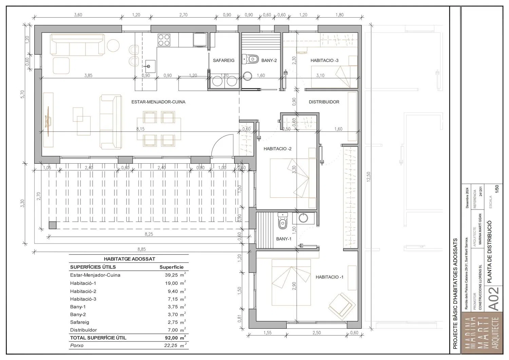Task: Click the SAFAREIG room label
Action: pos(223,60)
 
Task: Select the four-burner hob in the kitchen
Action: pos(164,40)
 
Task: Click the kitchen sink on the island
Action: pos(150,66)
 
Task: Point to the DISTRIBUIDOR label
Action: pos(324,102)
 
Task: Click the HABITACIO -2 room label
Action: pos(278,149)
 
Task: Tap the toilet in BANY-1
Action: pos(282,221)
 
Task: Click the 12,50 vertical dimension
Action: pos(368,177)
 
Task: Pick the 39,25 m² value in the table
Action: pos(175,275)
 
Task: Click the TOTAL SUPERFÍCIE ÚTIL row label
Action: pos(98,338)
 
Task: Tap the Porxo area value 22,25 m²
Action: pos(175,345)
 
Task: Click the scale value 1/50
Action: pos(497,189)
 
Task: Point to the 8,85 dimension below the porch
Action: pos(142,249)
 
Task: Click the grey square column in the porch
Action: pos(53,225)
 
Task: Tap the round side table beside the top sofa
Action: pos(113,46)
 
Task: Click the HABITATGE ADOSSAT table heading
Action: pos(130,259)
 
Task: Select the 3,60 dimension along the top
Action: pos(78,15)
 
